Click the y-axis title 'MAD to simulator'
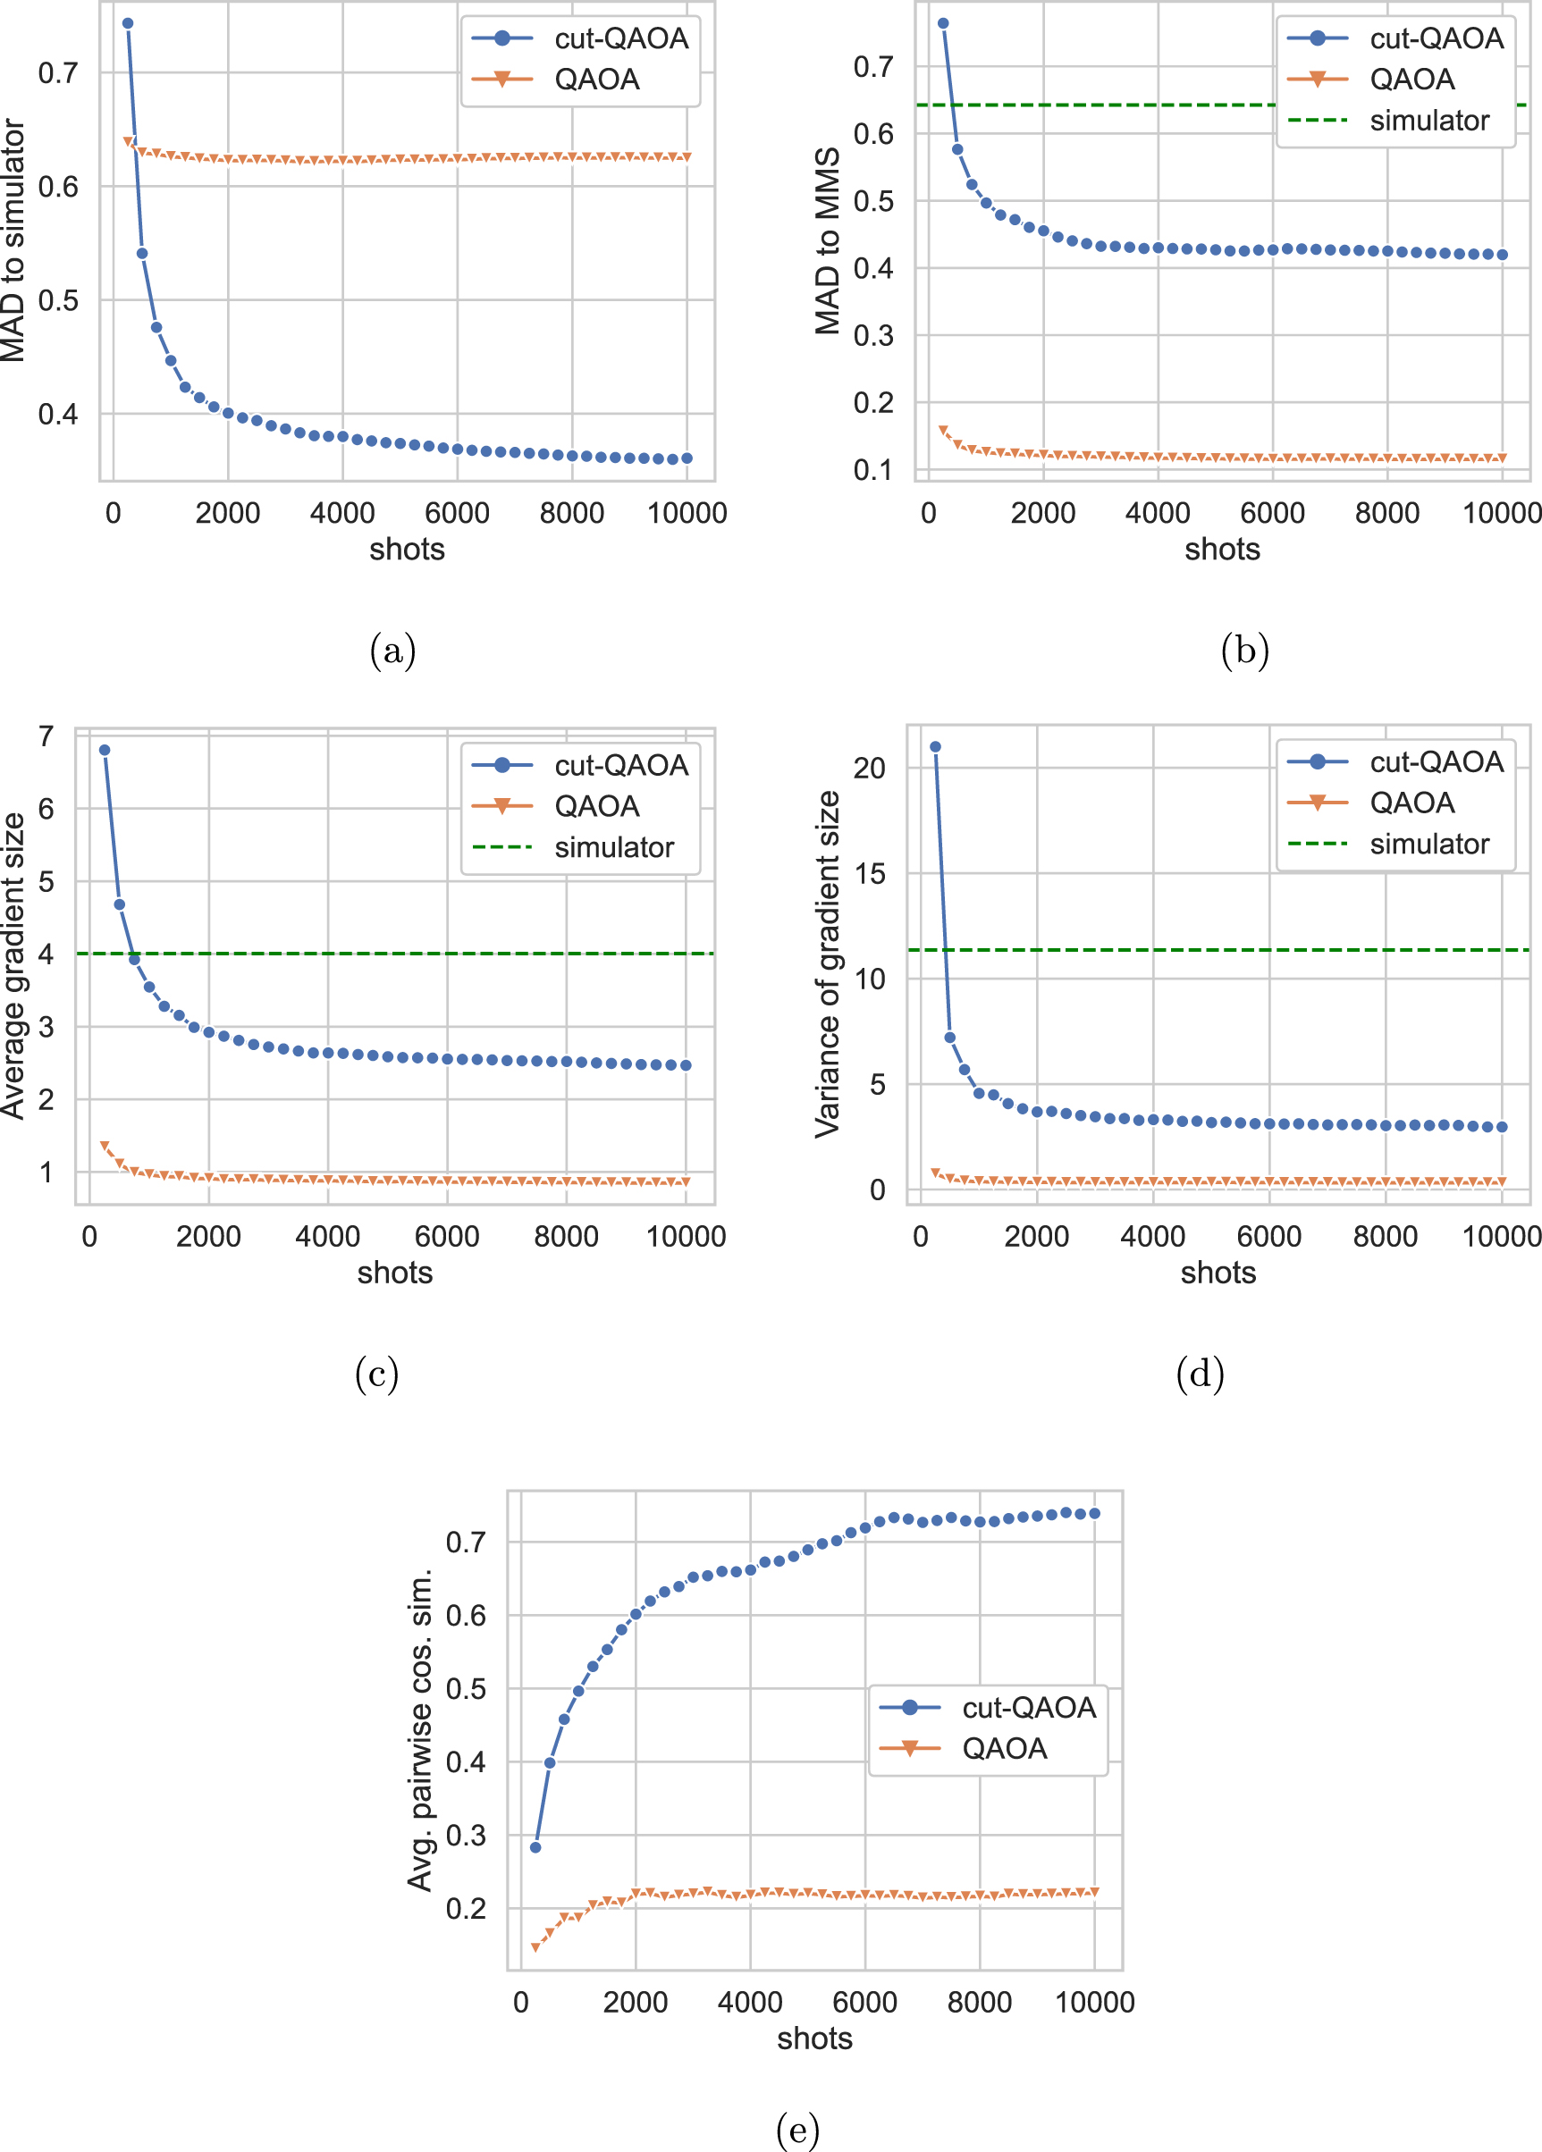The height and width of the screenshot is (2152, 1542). (x=13, y=240)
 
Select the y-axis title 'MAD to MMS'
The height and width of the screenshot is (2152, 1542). (x=828, y=240)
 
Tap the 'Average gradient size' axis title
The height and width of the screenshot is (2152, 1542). (x=13, y=966)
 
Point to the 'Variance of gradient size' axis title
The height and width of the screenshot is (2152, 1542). (x=828, y=964)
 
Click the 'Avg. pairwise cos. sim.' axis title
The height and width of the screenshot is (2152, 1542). (x=420, y=1730)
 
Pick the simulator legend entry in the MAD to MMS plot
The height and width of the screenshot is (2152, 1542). (x=1389, y=121)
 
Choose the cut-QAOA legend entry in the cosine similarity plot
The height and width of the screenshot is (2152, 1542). (x=988, y=1707)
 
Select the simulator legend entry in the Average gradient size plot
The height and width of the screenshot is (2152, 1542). (x=573, y=846)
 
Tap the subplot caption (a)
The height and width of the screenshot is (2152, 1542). (x=392, y=650)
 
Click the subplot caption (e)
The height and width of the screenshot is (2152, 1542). (x=797, y=2131)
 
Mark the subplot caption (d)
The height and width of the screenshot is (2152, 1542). (x=1200, y=1373)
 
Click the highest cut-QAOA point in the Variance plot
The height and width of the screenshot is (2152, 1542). (x=936, y=747)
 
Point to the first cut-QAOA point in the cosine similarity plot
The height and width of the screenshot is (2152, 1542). (x=535, y=1847)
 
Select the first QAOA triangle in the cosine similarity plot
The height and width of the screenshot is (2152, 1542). (x=535, y=1948)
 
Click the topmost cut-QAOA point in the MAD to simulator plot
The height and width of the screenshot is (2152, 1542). (x=128, y=24)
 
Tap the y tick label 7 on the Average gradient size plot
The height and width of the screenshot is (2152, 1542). (x=46, y=736)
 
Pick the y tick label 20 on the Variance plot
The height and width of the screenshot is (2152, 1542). (x=869, y=768)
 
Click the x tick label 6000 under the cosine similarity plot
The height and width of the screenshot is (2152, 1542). (x=864, y=2002)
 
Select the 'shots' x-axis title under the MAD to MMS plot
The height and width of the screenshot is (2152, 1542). (x=1222, y=550)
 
